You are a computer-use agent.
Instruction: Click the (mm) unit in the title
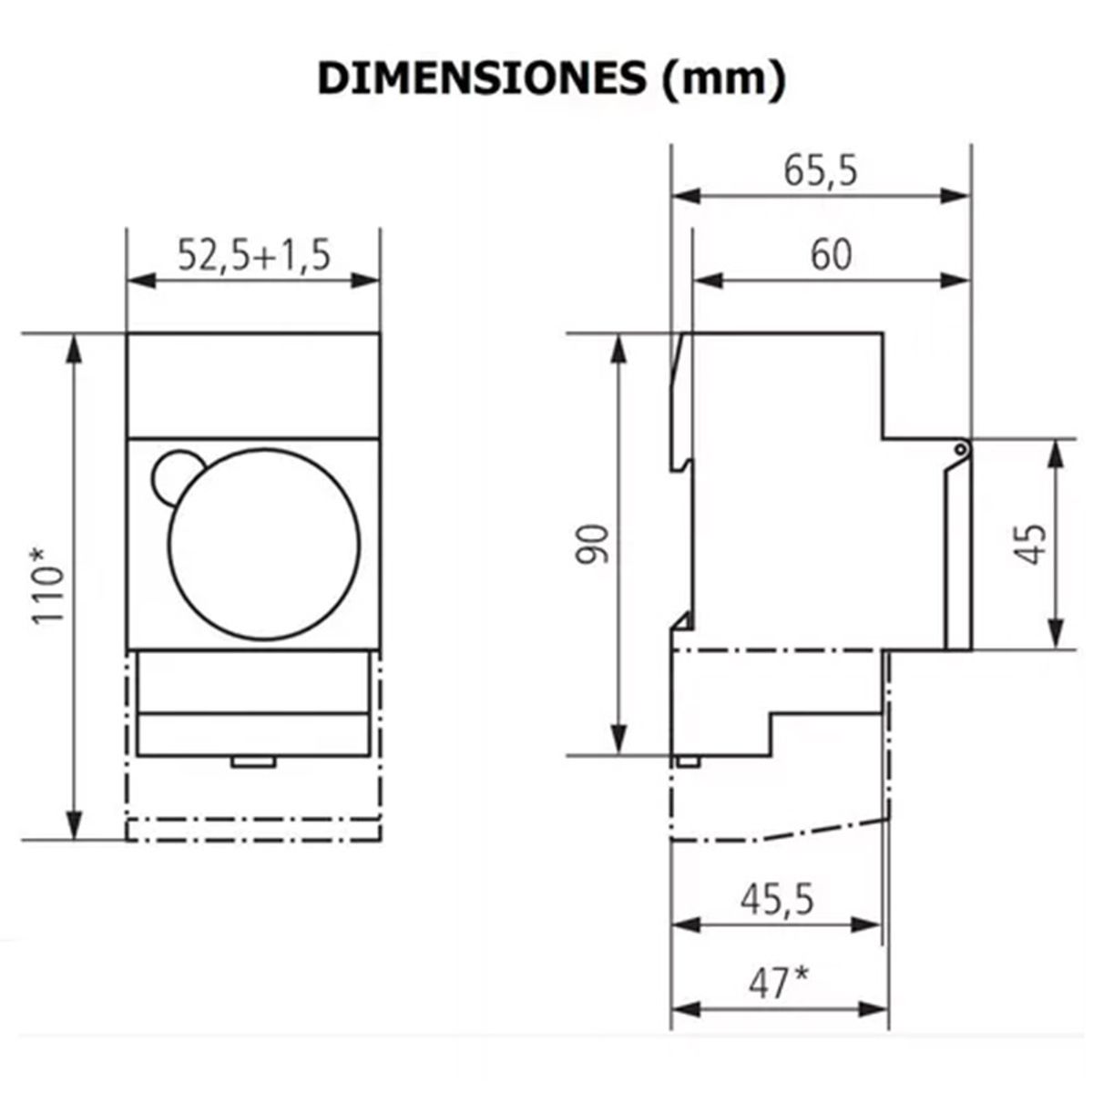719,80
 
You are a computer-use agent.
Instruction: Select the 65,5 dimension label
820,171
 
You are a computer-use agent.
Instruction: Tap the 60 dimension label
831,255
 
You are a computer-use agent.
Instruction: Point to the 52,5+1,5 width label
253,257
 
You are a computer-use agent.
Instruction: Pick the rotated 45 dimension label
1032,544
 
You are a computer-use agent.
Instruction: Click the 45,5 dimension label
776,900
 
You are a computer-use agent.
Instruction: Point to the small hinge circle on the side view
961,448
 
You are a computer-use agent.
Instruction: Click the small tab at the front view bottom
253,761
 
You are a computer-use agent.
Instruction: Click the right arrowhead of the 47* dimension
876,1009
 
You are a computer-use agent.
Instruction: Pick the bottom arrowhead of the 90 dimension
618,741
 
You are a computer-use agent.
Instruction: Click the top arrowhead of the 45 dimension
1057,452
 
